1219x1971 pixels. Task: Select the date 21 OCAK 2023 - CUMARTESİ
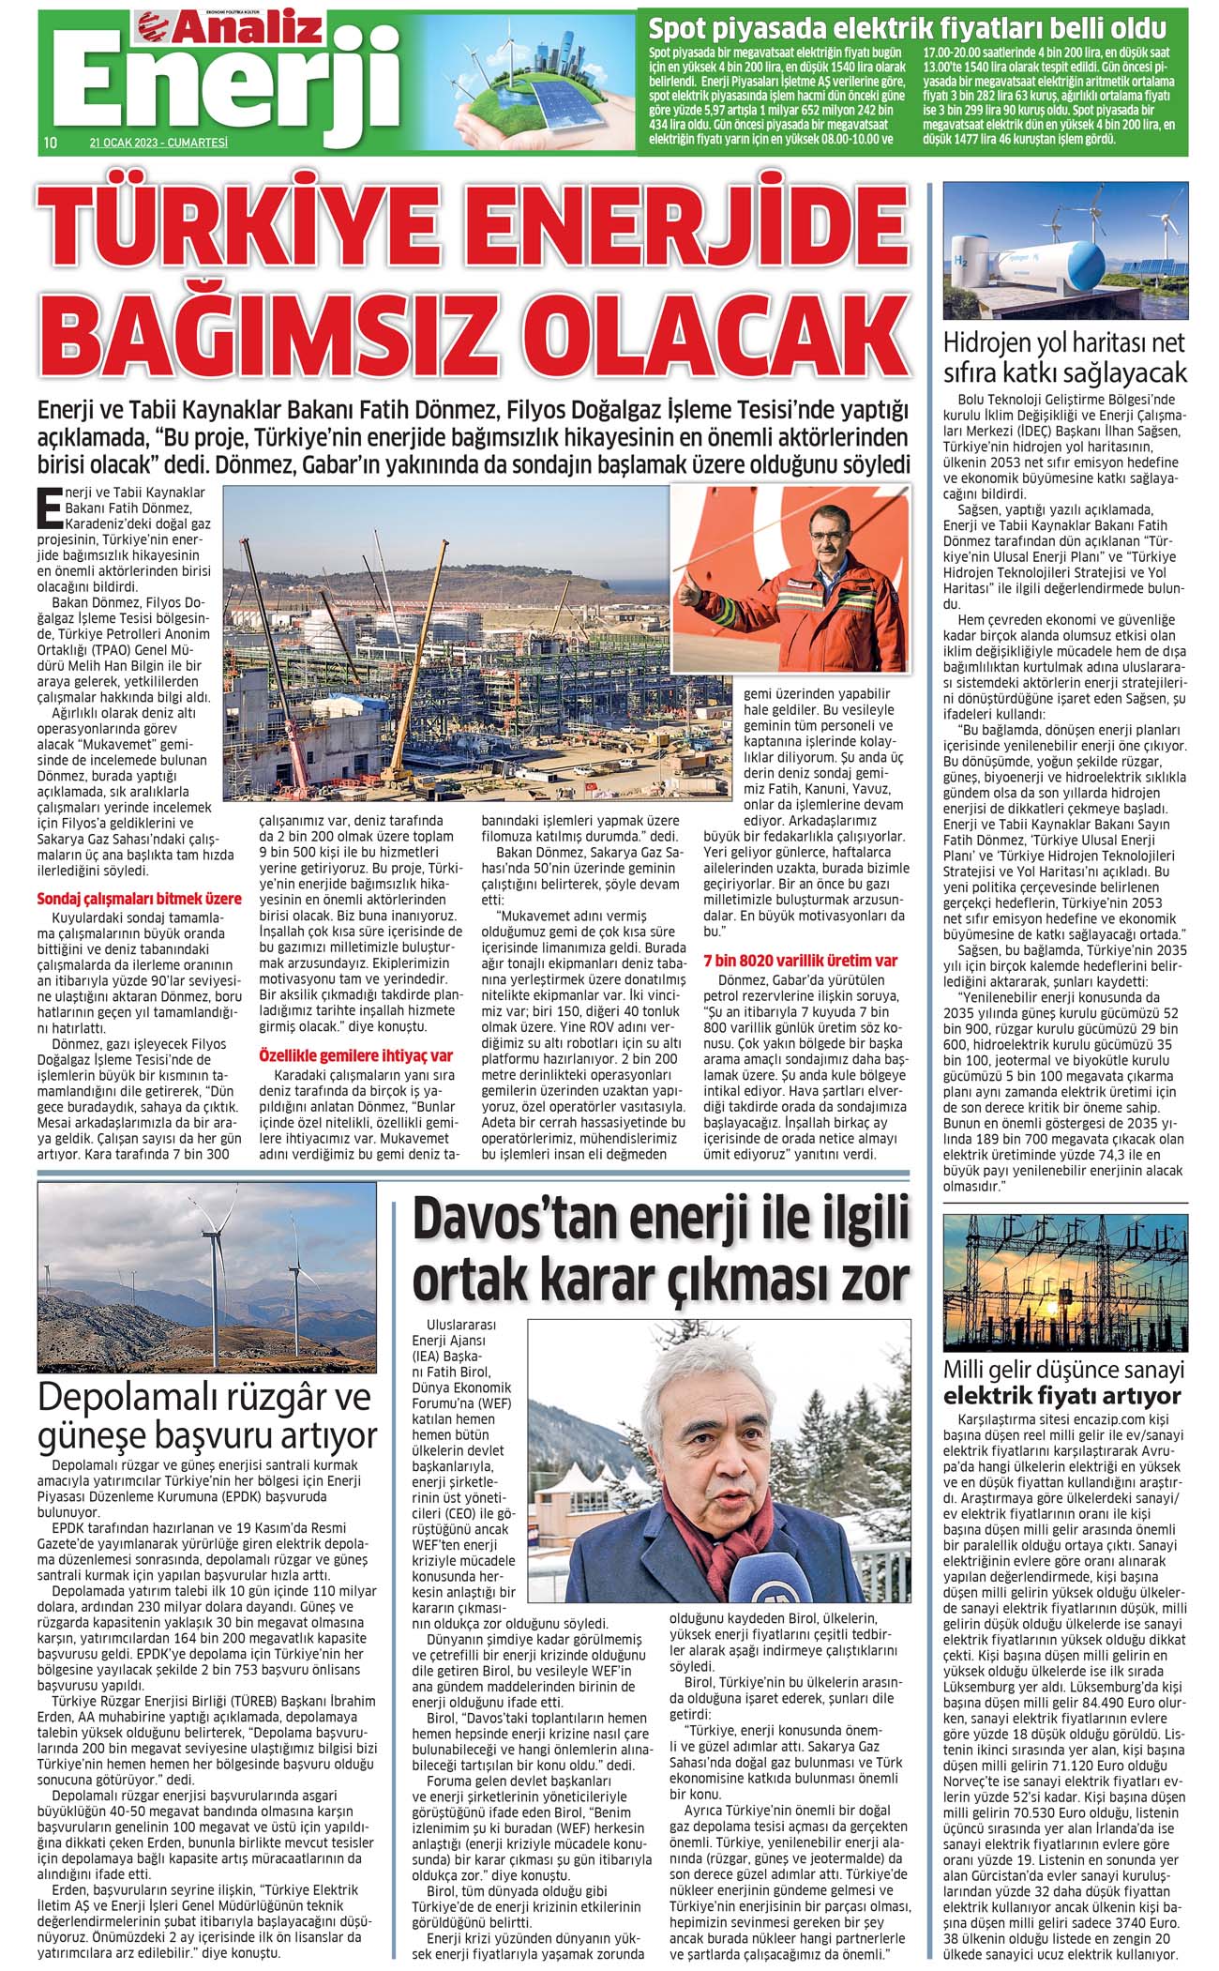158,143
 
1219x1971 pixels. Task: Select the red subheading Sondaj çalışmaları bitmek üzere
139,899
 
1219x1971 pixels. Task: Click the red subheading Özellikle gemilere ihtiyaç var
355,1055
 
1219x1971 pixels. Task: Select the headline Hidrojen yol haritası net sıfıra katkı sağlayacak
1064,356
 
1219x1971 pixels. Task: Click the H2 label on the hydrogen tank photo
961,262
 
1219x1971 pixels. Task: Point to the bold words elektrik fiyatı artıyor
1061,1395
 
